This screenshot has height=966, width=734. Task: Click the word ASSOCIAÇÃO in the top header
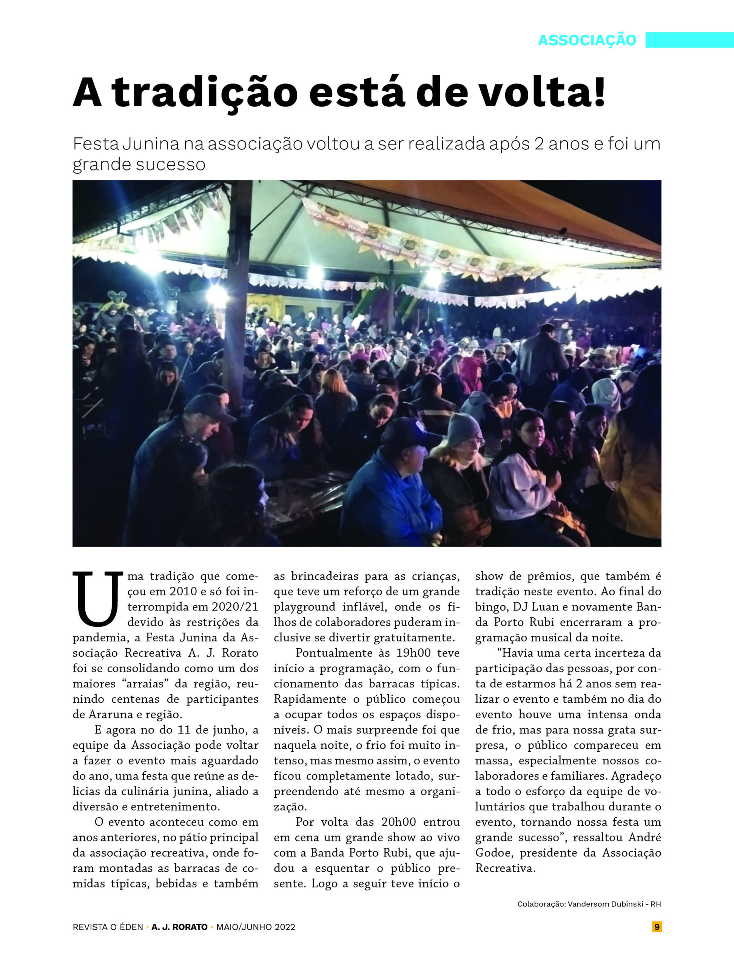point(587,40)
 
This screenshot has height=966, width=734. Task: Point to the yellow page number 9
point(656,927)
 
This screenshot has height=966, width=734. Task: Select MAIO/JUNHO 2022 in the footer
point(256,927)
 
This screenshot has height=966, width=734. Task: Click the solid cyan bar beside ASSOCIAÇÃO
point(689,40)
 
